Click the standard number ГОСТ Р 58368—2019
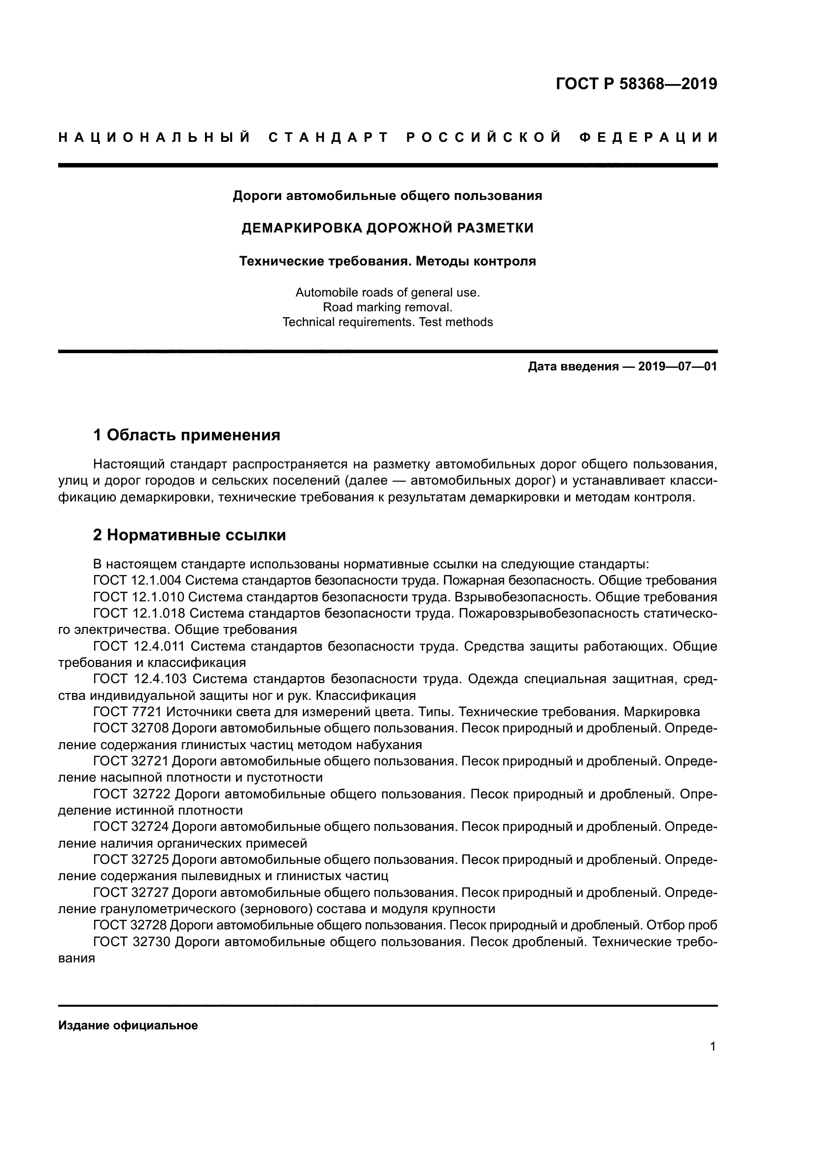(636, 84)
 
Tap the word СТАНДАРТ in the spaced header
(329, 137)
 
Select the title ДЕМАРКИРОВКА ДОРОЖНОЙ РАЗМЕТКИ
(387, 229)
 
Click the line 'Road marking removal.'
(387, 307)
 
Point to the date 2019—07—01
(678, 367)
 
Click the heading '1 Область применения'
(187, 435)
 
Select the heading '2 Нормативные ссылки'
(189, 535)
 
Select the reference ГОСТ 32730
(132, 942)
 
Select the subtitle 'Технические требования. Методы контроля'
(387, 262)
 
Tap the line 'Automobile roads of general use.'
(387, 293)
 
